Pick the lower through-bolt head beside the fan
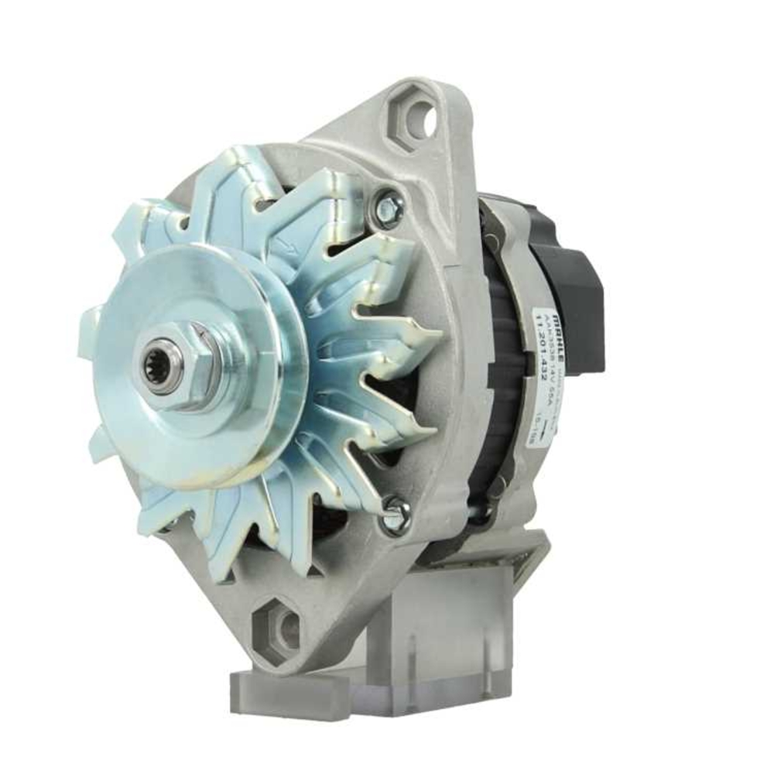pyautogui.click(x=395, y=512)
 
